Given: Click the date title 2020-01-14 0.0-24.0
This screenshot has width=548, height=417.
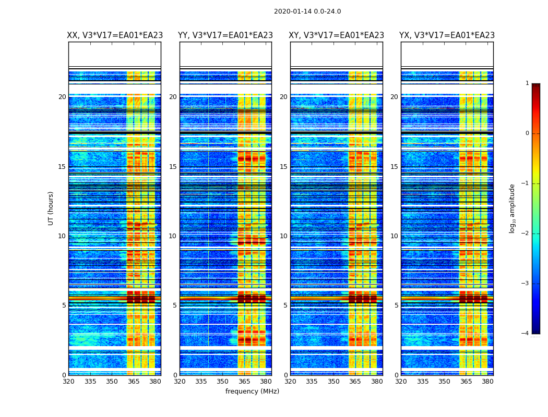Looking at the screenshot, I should tap(307, 11).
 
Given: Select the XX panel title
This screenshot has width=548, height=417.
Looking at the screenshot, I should tap(115, 35).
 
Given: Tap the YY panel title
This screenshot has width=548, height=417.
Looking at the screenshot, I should tap(225, 35).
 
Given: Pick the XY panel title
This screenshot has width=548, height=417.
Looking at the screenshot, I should tap(337, 35).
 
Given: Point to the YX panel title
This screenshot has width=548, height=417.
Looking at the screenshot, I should tap(447, 35).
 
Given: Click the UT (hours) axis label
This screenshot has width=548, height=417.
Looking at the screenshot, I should tap(51, 208).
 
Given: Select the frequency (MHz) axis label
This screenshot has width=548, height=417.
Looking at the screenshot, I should tap(252, 391).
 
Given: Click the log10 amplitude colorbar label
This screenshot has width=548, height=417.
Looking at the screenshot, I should tap(513, 208).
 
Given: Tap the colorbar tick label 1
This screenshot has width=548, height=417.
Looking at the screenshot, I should tap(527, 83).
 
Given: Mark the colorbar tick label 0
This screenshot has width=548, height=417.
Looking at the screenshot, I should tap(527, 133).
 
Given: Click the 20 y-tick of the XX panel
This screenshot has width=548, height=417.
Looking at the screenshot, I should tap(62, 97).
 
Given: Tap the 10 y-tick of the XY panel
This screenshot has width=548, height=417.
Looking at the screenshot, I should tap(283, 236).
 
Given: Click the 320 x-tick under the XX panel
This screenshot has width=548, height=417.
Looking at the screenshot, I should tap(68, 382).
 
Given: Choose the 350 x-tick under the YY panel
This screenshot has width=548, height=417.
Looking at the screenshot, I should tap(223, 382).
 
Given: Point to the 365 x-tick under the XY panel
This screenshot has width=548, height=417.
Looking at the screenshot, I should tap(355, 382).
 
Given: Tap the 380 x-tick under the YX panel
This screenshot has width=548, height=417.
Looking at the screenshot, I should tap(487, 382).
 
